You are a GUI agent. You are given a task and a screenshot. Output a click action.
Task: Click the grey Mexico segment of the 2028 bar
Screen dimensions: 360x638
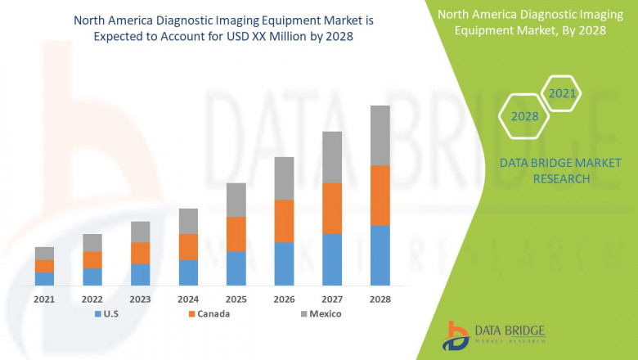380,135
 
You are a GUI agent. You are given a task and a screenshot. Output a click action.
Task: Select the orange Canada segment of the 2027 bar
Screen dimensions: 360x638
331,208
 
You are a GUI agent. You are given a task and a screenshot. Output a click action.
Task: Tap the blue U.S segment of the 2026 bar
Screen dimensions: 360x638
284,263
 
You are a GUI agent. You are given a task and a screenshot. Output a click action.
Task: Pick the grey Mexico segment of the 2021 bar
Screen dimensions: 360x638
44,253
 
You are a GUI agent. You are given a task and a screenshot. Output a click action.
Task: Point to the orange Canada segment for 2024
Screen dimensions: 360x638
188,246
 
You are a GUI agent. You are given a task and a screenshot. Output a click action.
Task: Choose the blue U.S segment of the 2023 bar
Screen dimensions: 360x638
140,274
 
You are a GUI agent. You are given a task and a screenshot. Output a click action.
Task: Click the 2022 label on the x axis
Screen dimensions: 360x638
92,299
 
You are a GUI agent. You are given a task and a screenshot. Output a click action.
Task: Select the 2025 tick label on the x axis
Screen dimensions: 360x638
236,299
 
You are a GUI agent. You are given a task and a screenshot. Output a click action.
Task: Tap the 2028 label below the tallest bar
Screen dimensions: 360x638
380,299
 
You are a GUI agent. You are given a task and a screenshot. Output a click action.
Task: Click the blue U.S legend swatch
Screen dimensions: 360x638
99,314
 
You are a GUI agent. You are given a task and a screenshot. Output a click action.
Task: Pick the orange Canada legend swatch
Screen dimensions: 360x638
192,314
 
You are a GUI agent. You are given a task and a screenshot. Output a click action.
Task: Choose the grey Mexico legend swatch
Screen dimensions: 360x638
303,314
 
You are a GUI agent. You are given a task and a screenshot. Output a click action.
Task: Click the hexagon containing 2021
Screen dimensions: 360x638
562,93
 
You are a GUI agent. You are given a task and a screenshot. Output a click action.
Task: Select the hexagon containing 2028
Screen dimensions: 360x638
524,116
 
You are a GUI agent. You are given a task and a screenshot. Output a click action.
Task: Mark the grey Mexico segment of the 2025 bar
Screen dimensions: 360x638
236,200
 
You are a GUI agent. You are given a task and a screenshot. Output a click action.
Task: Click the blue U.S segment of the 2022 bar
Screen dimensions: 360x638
92,277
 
